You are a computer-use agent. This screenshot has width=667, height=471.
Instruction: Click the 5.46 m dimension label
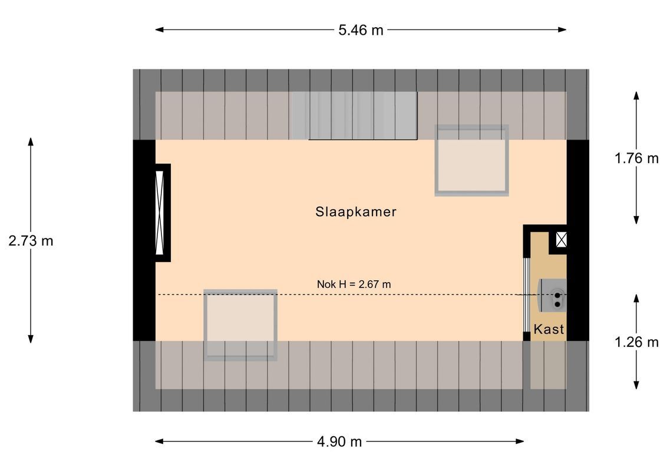coord(360,30)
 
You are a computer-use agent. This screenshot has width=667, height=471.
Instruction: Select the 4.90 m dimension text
coord(339,442)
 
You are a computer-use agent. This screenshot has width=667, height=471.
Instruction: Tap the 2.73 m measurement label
coord(31,241)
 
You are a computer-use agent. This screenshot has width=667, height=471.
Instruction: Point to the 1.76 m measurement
coord(636,158)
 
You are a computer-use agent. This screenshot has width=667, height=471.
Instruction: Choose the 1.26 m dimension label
coord(636,342)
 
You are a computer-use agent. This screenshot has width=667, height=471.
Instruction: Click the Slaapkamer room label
coord(355,212)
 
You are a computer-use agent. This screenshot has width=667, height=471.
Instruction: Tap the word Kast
coord(549,330)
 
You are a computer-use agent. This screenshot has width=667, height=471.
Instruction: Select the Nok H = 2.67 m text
coord(354,284)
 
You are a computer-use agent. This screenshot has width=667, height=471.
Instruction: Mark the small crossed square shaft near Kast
coord(561,240)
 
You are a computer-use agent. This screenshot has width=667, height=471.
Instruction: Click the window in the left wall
coord(159,213)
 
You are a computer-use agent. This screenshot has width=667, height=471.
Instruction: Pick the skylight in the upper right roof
coord(471,160)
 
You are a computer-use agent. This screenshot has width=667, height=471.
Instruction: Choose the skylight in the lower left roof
coord(240,324)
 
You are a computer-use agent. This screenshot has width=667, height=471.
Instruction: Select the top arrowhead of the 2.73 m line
coord(31,141)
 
